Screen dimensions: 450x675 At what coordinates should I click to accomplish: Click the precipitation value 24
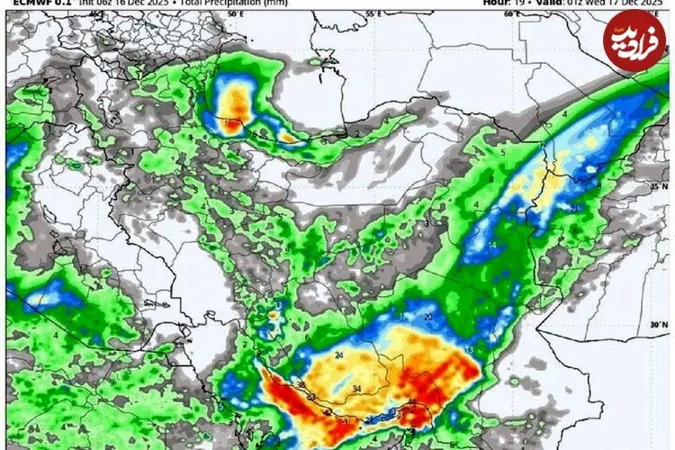click(339, 356)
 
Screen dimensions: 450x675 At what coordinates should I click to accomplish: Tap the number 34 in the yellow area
click(357, 389)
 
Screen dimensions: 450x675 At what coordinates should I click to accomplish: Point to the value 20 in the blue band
click(428, 318)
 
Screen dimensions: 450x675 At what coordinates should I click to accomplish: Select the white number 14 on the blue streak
click(492, 245)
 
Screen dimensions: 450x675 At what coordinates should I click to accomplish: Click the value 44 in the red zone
click(412, 402)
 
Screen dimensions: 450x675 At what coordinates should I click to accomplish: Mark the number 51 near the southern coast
click(345, 420)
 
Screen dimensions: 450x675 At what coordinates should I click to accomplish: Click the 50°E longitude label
click(235, 14)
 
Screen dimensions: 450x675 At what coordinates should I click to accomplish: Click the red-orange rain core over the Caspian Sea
click(235, 103)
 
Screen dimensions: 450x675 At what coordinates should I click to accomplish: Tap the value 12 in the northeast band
click(573, 209)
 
